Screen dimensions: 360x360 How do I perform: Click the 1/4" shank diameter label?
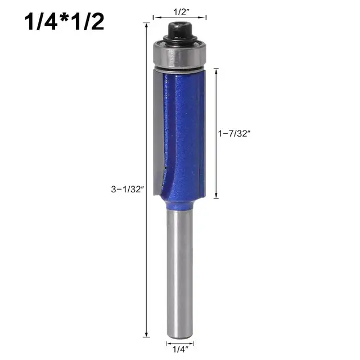[x=180, y=349]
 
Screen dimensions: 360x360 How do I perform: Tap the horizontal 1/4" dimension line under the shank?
[x=180, y=341]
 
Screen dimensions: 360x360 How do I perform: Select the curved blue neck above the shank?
[x=177, y=197]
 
